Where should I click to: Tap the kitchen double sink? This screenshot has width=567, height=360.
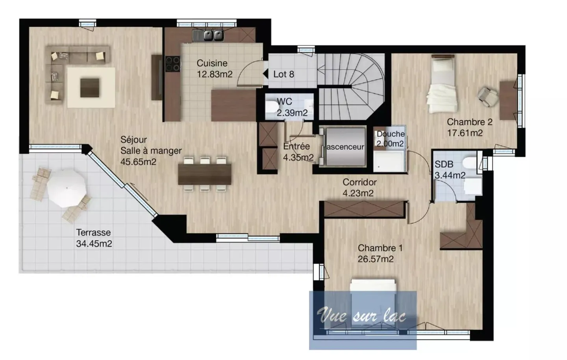coord(208,36)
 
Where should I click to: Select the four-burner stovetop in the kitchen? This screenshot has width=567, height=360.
coord(172,64)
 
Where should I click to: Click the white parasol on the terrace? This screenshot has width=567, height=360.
coord(66,188)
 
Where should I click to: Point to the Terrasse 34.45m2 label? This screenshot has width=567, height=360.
coord(94,238)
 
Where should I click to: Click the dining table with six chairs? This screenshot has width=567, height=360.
coord(204,174)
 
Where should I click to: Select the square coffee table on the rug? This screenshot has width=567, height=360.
coord(90,87)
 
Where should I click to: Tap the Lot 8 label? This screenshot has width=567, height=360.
coord(283,74)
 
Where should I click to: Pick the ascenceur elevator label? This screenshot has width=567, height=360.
coord(345,147)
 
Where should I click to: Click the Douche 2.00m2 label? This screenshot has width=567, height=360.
coord(390,139)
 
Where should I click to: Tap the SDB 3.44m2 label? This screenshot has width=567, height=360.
coord(450,170)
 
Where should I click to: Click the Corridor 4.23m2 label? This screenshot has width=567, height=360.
coord(359,187)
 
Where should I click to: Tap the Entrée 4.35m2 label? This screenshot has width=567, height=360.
coord(298,152)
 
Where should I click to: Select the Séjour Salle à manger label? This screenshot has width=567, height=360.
coord(151,150)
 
